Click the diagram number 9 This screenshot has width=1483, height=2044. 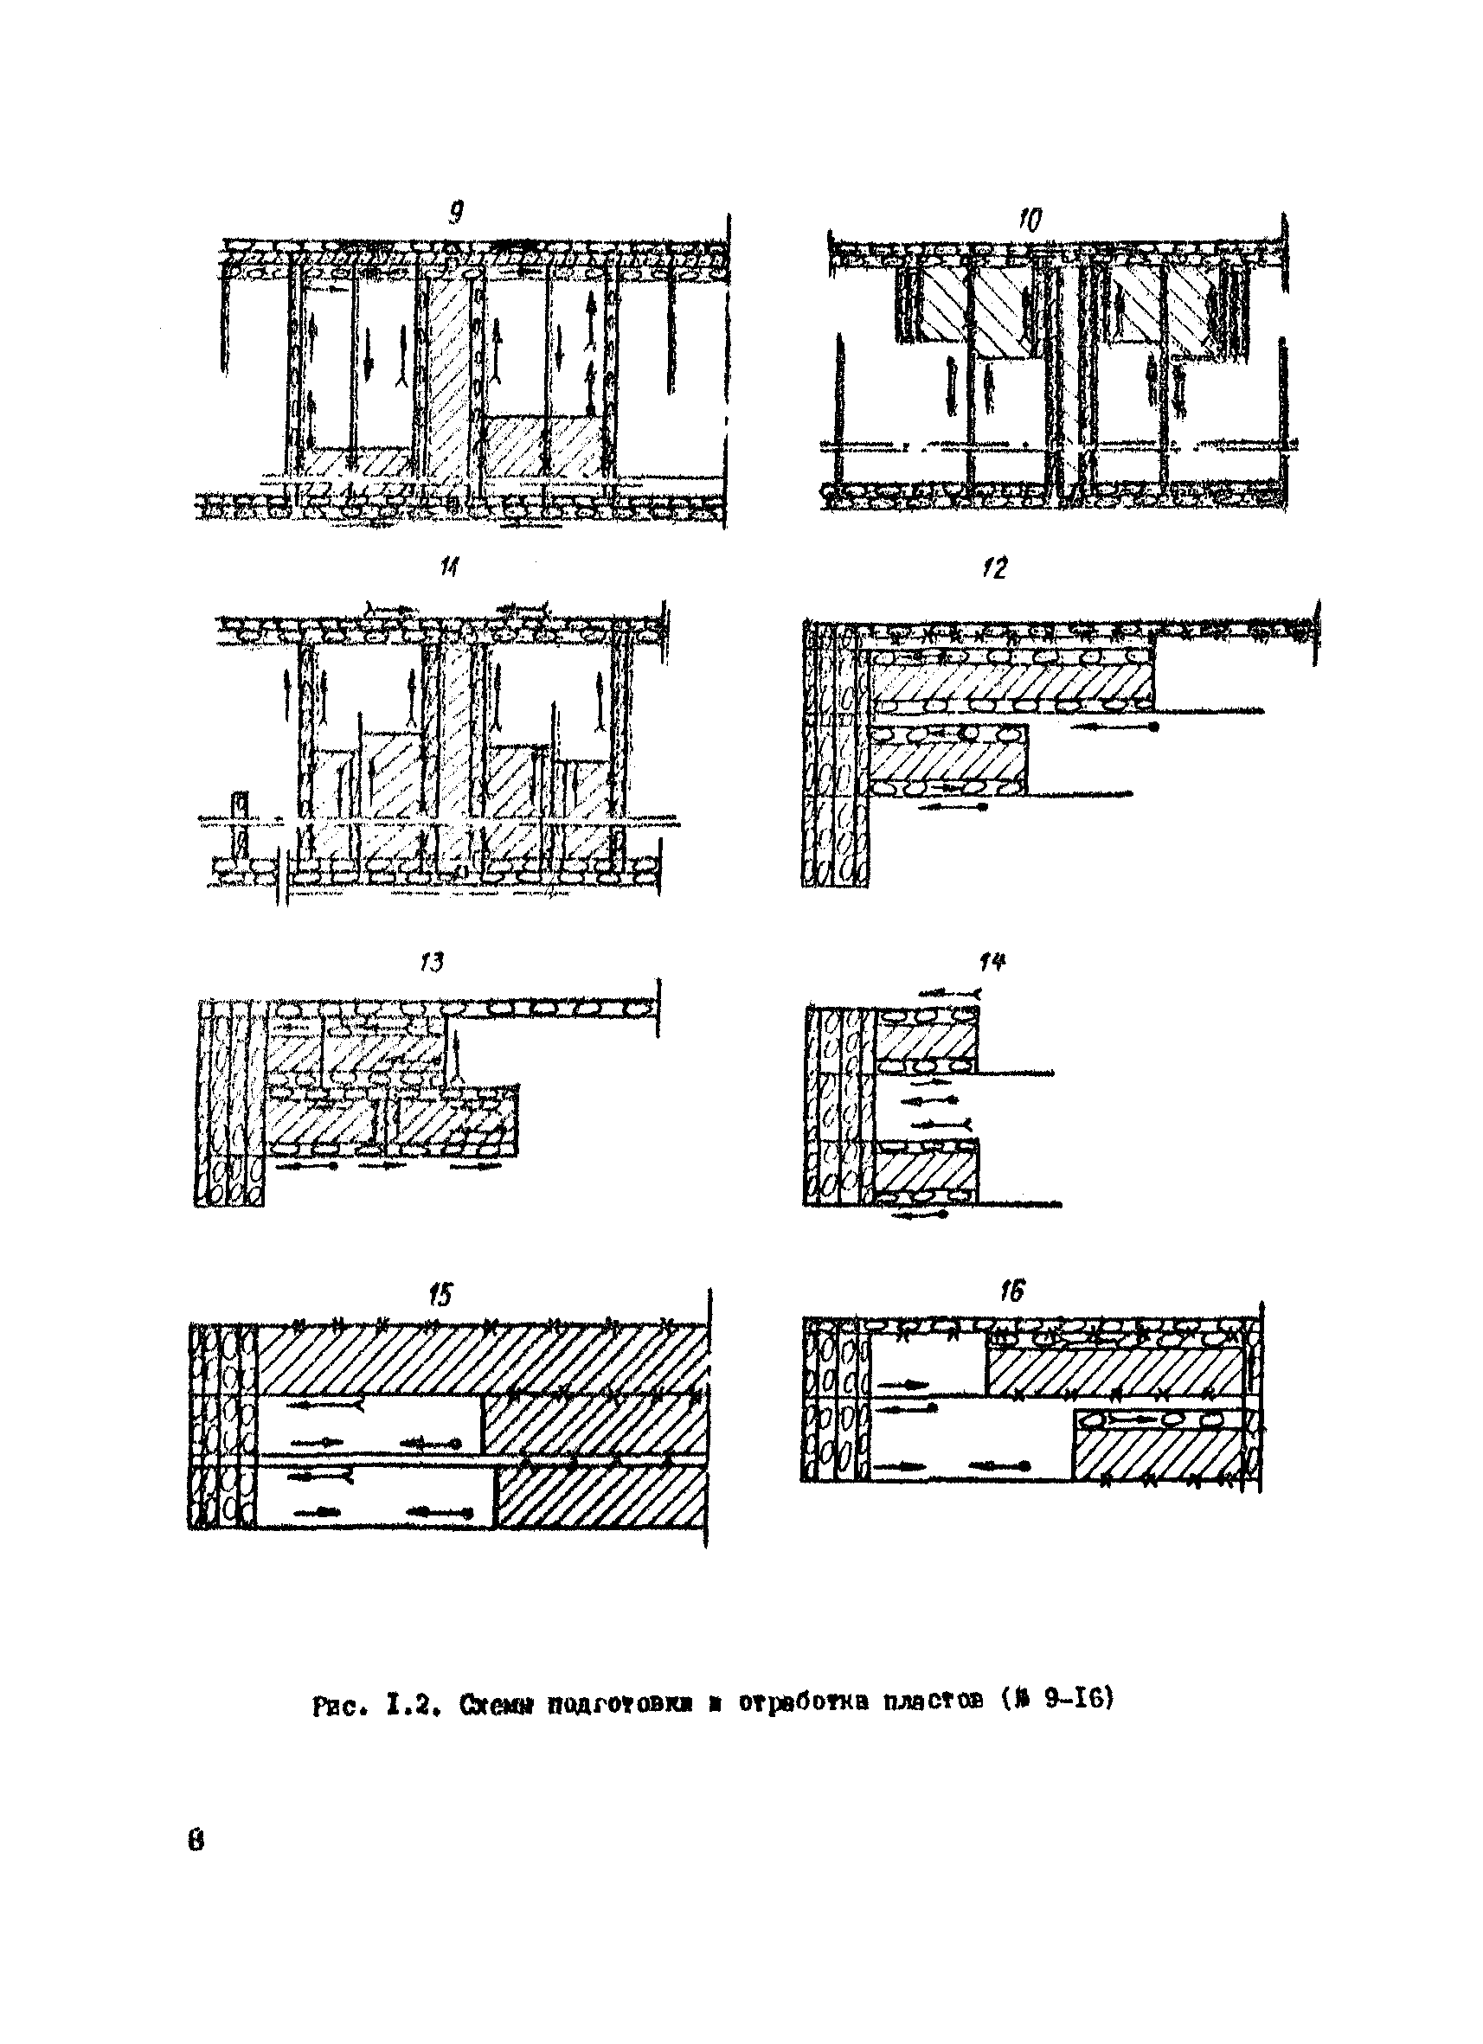(x=456, y=214)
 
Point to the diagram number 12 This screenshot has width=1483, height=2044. (x=993, y=567)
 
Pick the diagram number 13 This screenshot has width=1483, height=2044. (x=432, y=963)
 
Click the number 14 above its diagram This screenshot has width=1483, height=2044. (x=992, y=963)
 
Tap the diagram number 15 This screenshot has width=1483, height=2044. (x=440, y=1296)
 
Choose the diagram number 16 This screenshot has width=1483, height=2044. (x=1011, y=1292)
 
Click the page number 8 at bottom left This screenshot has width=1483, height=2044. (x=196, y=1838)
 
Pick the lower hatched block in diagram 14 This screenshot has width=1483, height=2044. (x=926, y=1172)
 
